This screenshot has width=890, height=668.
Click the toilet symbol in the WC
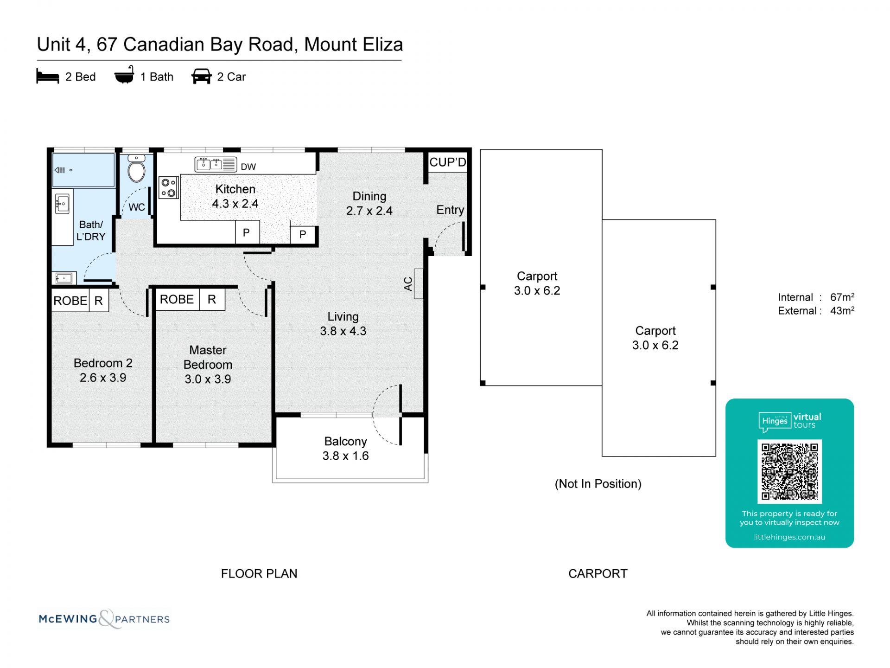pyautogui.click(x=136, y=170)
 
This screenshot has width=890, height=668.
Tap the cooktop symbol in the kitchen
pyautogui.click(x=168, y=188)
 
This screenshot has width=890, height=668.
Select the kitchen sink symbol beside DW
pyautogui.click(x=216, y=164)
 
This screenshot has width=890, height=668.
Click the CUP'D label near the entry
pyautogui.click(x=447, y=162)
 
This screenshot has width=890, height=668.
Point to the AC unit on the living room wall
pyautogui.click(x=418, y=283)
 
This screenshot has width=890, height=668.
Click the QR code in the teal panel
pyautogui.click(x=789, y=471)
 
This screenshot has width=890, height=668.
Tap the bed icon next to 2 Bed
pyautogui.click(x=48, y=77)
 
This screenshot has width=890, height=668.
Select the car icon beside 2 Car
pyautogui.click(x=201, y=77)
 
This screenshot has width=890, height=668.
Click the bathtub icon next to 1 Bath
pyautogui.click(x=124, y=75)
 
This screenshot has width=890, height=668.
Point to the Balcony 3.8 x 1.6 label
pyautogui.click(x=346, y=449)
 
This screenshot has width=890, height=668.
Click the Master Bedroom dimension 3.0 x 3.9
pyautogui.click(x=208, y=379)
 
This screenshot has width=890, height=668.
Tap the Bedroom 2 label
pyautogui.click(x=103, y=363)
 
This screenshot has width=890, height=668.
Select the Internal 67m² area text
pyautogui.click(x=816, y=297)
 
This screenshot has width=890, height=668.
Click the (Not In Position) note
pyautogui.click(x=598, y=484)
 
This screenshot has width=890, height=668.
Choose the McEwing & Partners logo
pyautogui.click(x=104, y=619)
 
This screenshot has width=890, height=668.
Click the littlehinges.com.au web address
pyautogui.click(x=789, y=537)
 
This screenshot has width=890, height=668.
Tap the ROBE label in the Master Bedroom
pyautogui.click(x=177, y=299)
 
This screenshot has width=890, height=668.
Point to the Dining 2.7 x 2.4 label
pyautogui.click(x=369, y=204)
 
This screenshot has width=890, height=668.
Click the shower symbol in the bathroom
pyautogui.click(x=83, y=170)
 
